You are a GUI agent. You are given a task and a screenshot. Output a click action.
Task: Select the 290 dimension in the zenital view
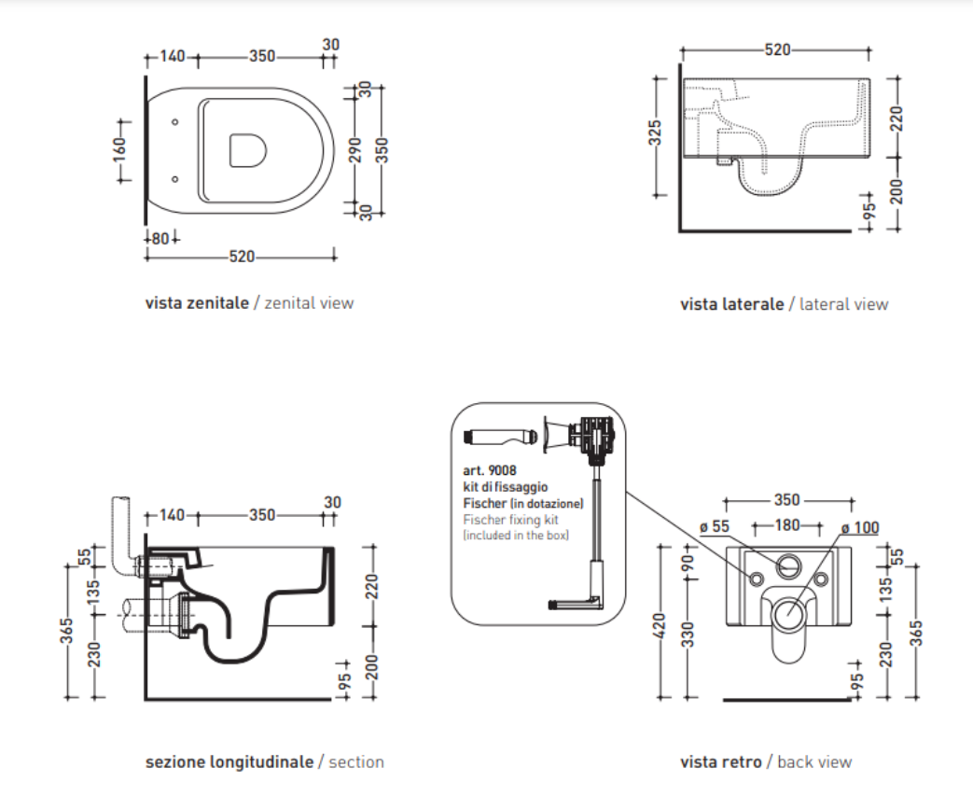pos(355,149)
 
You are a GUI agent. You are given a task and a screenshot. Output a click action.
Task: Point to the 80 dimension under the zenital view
pos(160,239)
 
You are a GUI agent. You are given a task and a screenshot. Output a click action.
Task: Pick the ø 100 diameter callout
pos(859,527)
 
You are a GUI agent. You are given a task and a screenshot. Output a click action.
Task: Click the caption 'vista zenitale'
pos(197,303)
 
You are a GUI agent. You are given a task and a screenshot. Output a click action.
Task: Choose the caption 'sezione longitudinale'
pos(229,762)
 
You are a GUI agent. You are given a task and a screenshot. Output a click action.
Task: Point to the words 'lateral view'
pos(844,304)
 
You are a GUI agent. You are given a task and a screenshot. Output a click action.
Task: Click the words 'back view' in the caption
pos(814,762)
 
